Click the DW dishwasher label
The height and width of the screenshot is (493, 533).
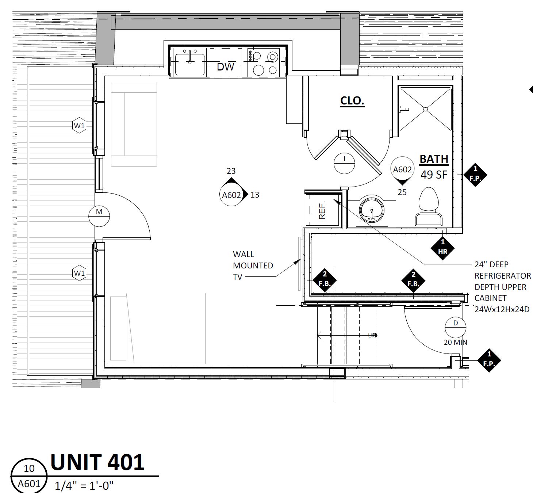(x=225, y=66)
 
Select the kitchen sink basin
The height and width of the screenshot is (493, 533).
(x=189, y=64)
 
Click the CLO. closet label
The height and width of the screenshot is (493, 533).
(x=352, y=101)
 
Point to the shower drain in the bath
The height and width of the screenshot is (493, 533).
(x=425, y=109)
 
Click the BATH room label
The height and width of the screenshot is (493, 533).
(x=434, y=159)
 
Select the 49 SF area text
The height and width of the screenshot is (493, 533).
(x=434, y=175)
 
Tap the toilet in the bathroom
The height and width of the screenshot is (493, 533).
(x=429, y=207)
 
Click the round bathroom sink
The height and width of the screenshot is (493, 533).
(x=372, y=210)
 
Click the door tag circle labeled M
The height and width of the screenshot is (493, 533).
(x=99, y=216)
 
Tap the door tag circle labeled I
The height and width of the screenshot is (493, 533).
(x=344, y=163)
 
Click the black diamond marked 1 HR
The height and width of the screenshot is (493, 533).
(x=443, y=247)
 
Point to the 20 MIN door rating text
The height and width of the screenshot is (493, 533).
(x=455, y=343)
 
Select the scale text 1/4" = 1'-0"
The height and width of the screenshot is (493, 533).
(x=84, y=486)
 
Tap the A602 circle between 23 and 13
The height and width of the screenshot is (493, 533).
(x=231, y=195)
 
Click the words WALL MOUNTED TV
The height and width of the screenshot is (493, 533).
(x=253, y=265)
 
